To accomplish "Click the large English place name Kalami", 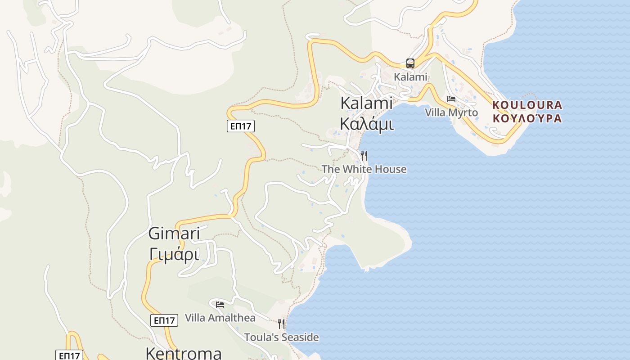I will coord(366,103).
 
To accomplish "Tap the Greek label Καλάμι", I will coord(366,123).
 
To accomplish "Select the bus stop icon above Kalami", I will coord(410,63).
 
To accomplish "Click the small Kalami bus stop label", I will coord(410,77).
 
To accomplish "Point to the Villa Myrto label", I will coord(451,112).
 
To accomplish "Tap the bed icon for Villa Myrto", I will coord(451,99).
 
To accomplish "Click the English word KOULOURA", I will coord(527,105).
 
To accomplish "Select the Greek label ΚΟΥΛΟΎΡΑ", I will coord(527,119).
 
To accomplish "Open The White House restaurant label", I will coord(364,169).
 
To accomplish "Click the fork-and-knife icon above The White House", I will coord(364,156).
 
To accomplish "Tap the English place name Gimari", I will coord(174,234).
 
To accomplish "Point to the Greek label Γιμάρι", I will coord(174,255).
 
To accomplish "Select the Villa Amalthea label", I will coord(220,318).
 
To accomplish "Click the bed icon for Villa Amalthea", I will coord(220,305).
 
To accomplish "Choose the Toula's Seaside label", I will coord(281,337).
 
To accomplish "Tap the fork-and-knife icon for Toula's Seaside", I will coord(281,324).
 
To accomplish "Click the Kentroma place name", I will coord(184,353).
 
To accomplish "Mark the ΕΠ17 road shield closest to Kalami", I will coord(240,126).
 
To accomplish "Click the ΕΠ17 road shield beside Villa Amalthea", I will coord(164,320).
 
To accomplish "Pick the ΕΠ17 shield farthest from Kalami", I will coord(69,355).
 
